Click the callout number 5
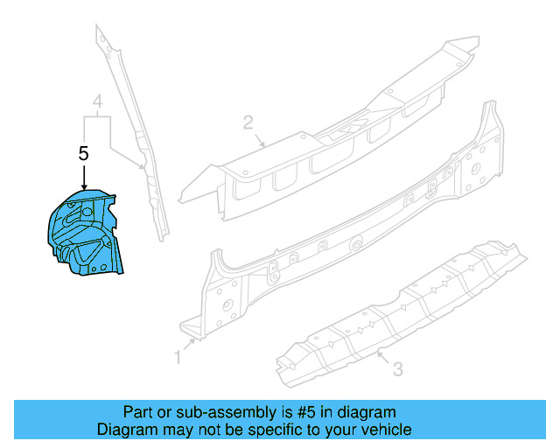pyautogui.click(x=84, y=152)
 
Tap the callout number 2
pyautogui.click(x=248, y=122)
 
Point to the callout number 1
pyautogui.click(x=178, y=356)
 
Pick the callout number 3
pyautogui.click(x=397, y=370)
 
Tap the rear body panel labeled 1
pyautogui.click(x=350, y=227)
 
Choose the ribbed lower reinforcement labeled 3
pyautogui.click(x=411, y=306)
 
